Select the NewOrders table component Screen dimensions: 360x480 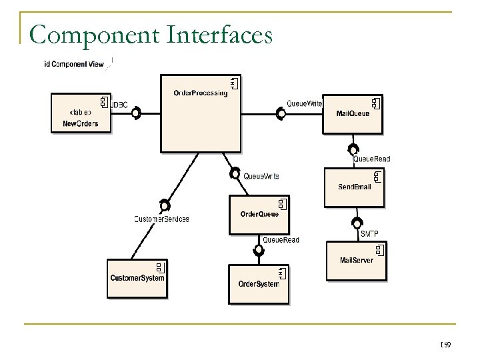[81, 113]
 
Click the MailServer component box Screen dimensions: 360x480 [357, 259]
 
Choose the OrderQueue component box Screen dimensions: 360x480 [259, 214]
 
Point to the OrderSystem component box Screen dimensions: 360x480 [259, 284]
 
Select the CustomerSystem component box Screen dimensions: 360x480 [137, 277]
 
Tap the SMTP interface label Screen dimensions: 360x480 [369, 233]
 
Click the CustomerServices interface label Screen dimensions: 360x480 [161, 219]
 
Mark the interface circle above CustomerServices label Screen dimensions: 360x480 [165, 205]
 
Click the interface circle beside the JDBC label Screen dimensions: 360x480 [135, 114]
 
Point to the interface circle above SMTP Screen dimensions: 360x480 [357, 222]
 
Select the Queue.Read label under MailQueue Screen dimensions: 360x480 [371, 159]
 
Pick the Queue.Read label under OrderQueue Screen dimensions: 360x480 [281, 240]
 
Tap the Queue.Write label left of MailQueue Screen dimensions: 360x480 [305, 104]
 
